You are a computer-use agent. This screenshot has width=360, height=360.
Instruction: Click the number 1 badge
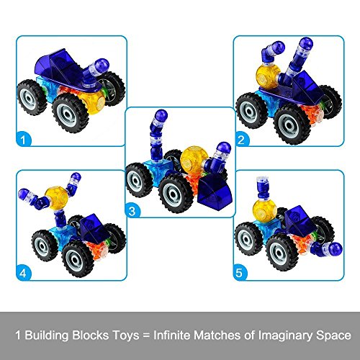(23, 140)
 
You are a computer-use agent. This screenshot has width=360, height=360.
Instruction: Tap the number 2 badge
(240, 140)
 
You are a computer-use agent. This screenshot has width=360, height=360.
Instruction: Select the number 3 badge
(132, 211)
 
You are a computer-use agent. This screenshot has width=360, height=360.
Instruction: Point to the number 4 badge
(23, 274)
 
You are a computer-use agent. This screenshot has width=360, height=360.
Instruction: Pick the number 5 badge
(239, 273)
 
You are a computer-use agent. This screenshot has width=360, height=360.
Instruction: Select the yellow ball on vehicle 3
(192, 158)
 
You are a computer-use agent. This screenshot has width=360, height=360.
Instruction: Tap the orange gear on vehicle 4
(98, 251)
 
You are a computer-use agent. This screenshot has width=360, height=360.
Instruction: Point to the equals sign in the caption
(146, 336)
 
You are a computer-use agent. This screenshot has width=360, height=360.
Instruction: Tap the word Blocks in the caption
(91, 335)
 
